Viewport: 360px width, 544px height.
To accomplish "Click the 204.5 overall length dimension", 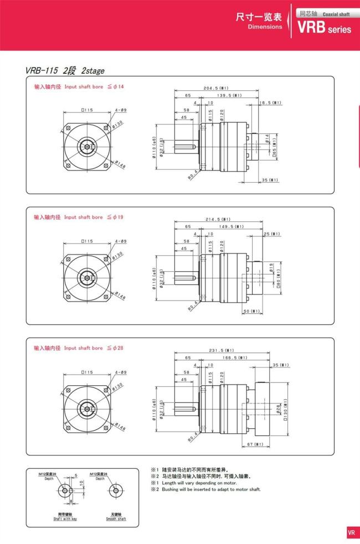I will pyautogui.click(x=217, y=88).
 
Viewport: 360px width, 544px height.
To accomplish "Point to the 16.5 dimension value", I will pyautogui.click(x=271, y=102).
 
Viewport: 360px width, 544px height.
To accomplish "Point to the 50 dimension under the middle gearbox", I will pyautogui.click(x=252, y=311).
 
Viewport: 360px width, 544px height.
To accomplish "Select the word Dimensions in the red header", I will pyautogui.click(x=265, y=27).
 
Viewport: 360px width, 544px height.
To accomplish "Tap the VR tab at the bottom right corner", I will pyautogui.click(x=351, y=533).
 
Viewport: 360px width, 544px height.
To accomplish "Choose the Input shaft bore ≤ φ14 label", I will pyautogui.click(x=79, y=87).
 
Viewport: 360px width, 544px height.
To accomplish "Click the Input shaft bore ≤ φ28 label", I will pyautogui.click(x=79, y=348).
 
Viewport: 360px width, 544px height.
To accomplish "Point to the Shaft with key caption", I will pyautogui.click(x=65, y=519).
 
